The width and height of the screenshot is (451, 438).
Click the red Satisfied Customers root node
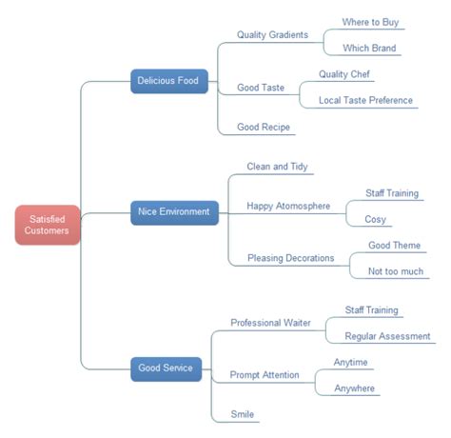pos(47,225)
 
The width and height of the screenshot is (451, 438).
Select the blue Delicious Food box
pos(167,82)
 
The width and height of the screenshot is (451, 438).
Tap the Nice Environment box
pos(174,211)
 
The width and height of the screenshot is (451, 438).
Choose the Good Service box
pos(166,368)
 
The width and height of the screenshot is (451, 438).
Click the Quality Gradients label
pos(272,35)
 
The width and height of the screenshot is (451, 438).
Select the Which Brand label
pos(369,49)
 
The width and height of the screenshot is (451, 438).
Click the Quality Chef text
pos(346,74)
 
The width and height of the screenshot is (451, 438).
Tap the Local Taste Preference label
pos(365,100)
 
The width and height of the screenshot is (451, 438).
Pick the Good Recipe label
pos(265,127)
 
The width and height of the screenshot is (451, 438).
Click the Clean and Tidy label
pos(278,167)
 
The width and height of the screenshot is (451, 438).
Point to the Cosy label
pos(375,219)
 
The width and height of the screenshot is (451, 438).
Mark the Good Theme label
pos(394,246)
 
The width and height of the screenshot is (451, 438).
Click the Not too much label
pos(395,271)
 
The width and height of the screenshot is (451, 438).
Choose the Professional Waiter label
pos(270,323)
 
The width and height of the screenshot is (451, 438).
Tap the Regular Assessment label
pos(387,336)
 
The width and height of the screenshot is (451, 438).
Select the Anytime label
pos(350,362)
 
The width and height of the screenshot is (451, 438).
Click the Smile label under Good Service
pos(242,414)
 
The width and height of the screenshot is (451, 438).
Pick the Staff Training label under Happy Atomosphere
pos(392,193)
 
